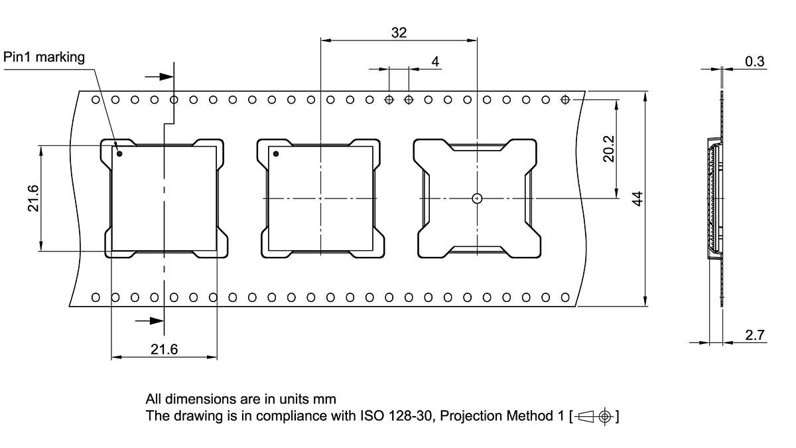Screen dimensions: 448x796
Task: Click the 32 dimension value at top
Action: pyautogui.click(x=399, y=32)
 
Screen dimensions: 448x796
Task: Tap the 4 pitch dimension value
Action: pyautogui.click(x=435, y=62)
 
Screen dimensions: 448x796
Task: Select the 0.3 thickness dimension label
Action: pyautogui.click(x=754, y=62)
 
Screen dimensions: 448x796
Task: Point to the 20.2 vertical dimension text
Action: pyautogui.click(x=609, y=149)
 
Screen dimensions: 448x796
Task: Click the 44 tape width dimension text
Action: pyautogui.click(x=637, y=198)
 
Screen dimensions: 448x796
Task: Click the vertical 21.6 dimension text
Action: pyautogui.click(x=33, y=198)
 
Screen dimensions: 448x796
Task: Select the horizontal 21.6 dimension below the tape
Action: pyautogui.click(x=164, y=349)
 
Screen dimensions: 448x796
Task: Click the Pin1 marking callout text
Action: pyautogui.click(x=44, y=57)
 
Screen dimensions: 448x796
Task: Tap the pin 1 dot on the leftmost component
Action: pyautogui.click(x=120, y=154)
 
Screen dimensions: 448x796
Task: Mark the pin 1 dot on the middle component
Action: pyautogui.click(x=276, y=154)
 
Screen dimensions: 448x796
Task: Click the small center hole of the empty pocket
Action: pyautogui.click(x=476, y=198)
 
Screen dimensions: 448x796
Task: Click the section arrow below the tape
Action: pyautogui.click(x=151, y=321)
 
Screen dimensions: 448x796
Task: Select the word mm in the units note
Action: pyautogui.click(x=326, y=400)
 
